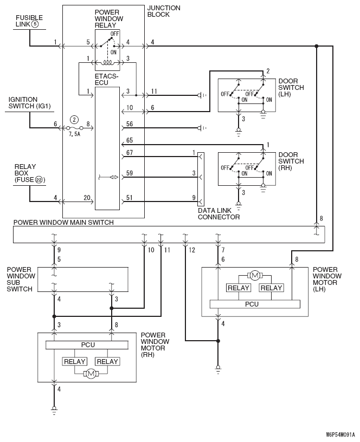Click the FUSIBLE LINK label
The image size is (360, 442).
coord(29,21)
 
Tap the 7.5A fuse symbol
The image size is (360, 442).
coord(74,128)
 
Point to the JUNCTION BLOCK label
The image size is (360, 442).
coord(164,11)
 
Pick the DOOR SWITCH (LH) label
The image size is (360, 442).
coord(291,87)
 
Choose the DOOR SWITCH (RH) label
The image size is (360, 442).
coord(291,161)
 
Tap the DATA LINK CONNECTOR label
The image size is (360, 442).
coord(218,213)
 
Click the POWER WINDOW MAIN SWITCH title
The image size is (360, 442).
coord(63,223)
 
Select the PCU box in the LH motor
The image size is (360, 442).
coord(255,304)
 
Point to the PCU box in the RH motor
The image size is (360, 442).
coord(87,345)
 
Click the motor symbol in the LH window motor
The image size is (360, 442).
coord(255,275)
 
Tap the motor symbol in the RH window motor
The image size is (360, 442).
coord(91,374)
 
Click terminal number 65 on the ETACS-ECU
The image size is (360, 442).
coord(130,140)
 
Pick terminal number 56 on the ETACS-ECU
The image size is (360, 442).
coord(130,123)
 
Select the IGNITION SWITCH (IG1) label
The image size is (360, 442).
coord(29,103)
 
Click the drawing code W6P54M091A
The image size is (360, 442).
coord(340,434)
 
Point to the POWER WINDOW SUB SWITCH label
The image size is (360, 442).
coord(21,279)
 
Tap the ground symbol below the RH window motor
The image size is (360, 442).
coord(54,409)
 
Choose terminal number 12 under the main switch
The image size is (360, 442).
coord(192,250)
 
